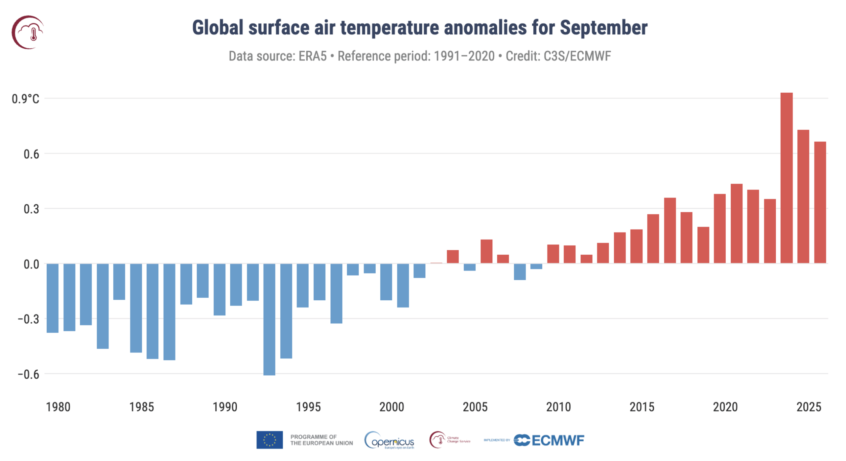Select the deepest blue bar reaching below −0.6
pyautogui.click(x=269, y=319)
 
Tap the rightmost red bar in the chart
pyautogui.click(x=820, y=202)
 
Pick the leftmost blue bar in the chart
pyautogui.click(x=53, y=298)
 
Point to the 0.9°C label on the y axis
pyautogui.click(x=25, y=99)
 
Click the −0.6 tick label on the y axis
pyautogui.click(x=28, y=374)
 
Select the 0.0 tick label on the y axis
pyautogui.click(x=31, y=264)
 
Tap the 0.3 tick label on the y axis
pyautogui.click(x=31, y=209)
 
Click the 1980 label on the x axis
pyautogui.click(x=58, y=407)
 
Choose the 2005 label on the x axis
pyautogui.click(x=475, y=407)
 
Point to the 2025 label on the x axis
pyautogui.click(x=808, y=407)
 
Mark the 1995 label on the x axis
pyautogui.click(x=308, y=407)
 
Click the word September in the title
pyautogui.click(x=603, y=28)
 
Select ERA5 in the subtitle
pyautogui.click(x=312, y=56)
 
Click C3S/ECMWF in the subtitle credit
pyautogui.click(x=577, y=56)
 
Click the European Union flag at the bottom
pyautogui.click(x=269, y=440)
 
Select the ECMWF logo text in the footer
pyautogui.click(x=558, y=440)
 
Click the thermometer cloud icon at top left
pyautogui.click(x=28, y=32)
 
